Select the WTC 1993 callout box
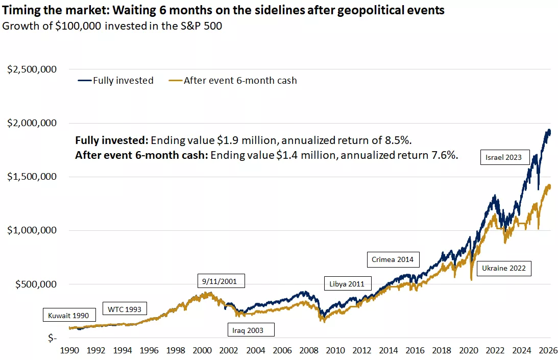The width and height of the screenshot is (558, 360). [125, 309]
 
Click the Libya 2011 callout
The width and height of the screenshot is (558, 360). [347, 284]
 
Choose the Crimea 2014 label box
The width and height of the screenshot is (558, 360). [393, 259]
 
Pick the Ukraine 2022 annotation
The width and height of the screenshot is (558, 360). [503, 269]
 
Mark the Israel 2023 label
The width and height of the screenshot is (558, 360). [504, 157]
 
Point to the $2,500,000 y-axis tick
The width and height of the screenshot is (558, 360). [31, 69]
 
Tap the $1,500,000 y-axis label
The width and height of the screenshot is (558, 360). [31, 177]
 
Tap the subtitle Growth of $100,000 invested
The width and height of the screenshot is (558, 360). [113, 26]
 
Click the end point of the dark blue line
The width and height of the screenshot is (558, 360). [550, 132]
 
